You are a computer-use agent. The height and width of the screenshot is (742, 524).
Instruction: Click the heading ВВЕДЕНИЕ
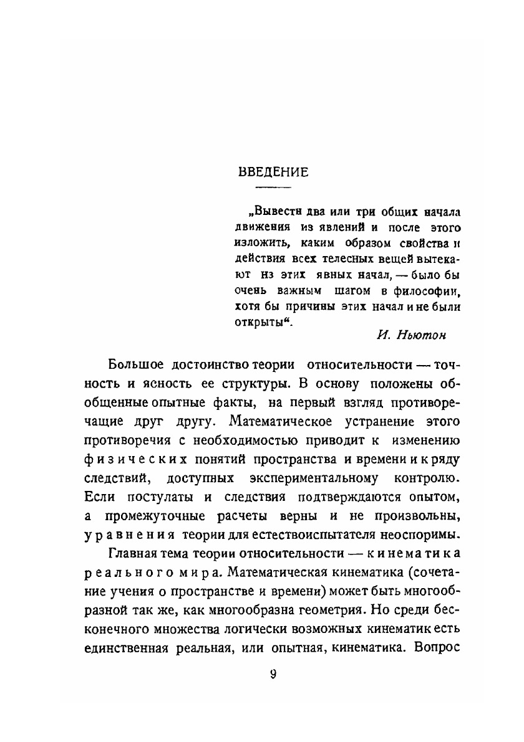pos(274,173)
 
